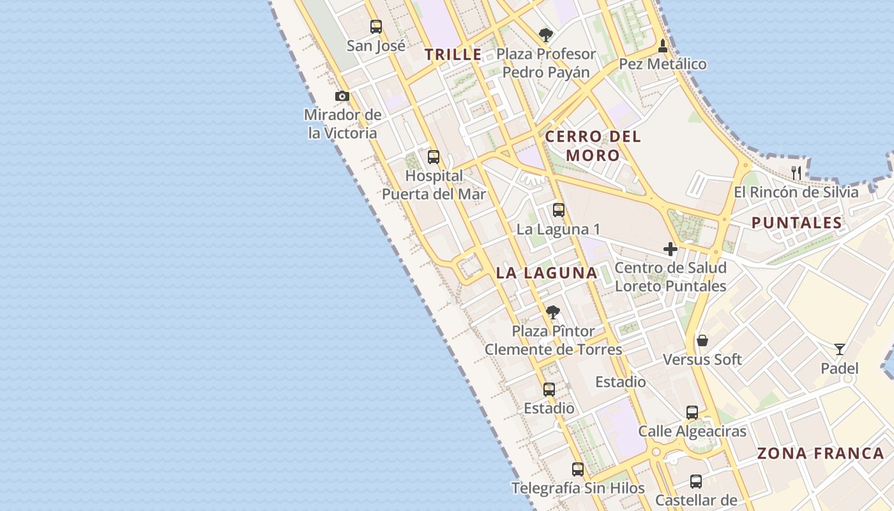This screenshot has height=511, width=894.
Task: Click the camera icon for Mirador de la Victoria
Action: (342, 96)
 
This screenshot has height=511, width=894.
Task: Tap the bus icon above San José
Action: (376, 27)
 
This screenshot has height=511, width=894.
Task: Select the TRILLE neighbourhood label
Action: (453, 55)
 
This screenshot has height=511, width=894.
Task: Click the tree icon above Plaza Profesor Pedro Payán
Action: (545, 34)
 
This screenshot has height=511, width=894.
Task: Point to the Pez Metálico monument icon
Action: (663, 46)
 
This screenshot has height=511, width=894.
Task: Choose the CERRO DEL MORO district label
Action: (593, 146)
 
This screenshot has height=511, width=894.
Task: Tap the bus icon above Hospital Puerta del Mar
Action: (434, 156)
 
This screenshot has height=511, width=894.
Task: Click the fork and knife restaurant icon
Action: (796, 172)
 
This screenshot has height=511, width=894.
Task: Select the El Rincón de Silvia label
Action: (796, 192)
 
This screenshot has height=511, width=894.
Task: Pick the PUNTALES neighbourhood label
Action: (796, 223)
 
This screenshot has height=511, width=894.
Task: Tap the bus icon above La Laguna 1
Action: (559, 210)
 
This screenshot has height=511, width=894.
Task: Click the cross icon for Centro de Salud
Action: (670, 249)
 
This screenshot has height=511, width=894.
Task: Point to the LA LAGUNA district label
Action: (547, 273)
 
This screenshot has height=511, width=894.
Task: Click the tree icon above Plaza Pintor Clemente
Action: (553, 312)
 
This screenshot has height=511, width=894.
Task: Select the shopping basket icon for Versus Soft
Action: (702, 340)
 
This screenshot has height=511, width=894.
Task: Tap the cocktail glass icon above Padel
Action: (840, 349)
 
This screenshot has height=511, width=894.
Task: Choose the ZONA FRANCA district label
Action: (821, 454)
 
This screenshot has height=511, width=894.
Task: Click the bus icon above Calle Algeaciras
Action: (692, 412)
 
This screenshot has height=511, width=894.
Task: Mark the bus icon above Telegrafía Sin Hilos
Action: (578, 469)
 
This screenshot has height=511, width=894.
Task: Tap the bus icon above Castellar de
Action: (696, 481)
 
